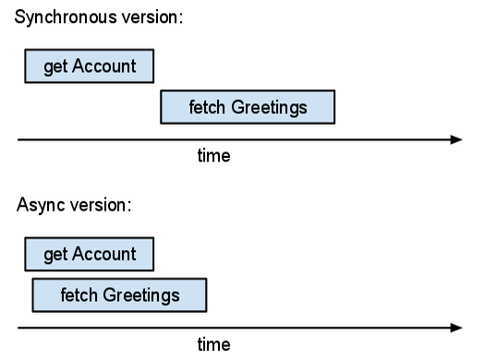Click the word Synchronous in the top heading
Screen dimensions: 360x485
[x=60, y=19]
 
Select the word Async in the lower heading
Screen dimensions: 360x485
[x=38, y=204]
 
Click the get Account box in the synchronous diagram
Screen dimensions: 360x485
[x=90, y=66]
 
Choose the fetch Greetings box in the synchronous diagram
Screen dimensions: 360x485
[x=248, y=107]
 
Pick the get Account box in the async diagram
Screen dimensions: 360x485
[x=90, y=254]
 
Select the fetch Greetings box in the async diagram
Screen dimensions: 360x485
[x=119, y=295]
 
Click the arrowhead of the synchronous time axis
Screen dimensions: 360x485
[x=456, y=139]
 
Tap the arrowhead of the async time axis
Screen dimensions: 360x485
[x=456, y=327]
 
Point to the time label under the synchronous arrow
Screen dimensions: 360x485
[x=213, y=156]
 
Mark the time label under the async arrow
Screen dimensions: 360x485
[x=213, y=344]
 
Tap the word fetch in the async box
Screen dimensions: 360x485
[x=77, y=295]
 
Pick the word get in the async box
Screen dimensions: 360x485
[x=55, y=254]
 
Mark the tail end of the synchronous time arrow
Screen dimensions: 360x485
[x=19, y=139]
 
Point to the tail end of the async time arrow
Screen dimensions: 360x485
[x=19, y=327]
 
